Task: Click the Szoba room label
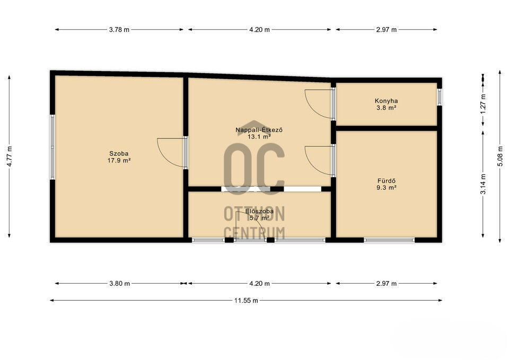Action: [119, 154]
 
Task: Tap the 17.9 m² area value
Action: [119, 160]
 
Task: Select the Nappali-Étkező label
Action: [259, 130]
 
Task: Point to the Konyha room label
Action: [387, 101]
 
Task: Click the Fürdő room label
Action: [387, 181]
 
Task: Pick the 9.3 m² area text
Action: [387, 188]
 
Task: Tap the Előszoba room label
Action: [259, 211]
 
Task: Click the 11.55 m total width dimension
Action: [246, 301]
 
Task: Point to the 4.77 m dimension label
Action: [10, 156]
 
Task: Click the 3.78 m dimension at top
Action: [119, 30]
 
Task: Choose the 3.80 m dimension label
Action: [119, 284]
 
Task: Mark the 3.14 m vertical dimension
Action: [484, 184]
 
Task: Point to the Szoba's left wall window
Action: [52, 147]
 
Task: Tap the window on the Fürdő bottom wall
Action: [389, 240]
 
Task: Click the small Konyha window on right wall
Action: [439, 96]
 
